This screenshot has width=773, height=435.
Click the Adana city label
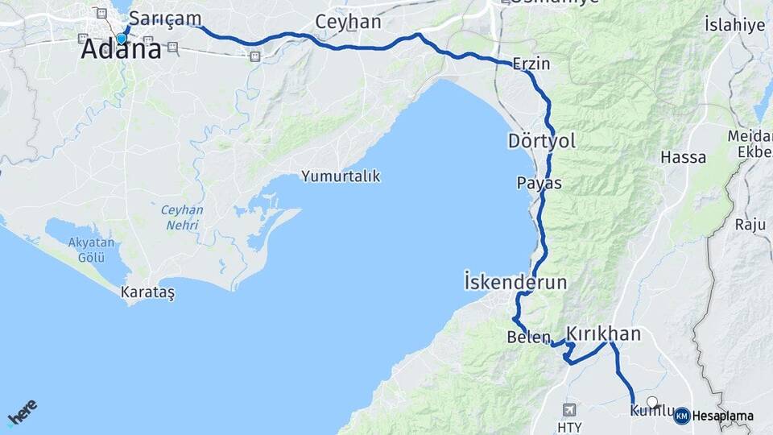point(121,50)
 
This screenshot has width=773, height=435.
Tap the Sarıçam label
point(165,19)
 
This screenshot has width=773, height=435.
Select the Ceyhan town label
point(348,22)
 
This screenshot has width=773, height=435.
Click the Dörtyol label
point(541,141)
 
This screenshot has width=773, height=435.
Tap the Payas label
point(539,183)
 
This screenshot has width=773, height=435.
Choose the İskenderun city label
point(515,283)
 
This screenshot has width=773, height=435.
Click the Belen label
point(528,338)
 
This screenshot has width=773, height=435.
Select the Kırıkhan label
point(603,333)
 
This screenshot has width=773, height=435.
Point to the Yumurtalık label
point(341,176)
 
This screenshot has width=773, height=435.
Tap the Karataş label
point(147,293)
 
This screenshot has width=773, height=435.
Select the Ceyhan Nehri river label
point(182,217)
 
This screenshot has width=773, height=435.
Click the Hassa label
point(683,157)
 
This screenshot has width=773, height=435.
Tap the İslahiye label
point(734,25)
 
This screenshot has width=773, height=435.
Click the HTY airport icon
point(570,409)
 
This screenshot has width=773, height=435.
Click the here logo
point(22,412)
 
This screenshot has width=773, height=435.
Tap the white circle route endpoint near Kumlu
point(652,401)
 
